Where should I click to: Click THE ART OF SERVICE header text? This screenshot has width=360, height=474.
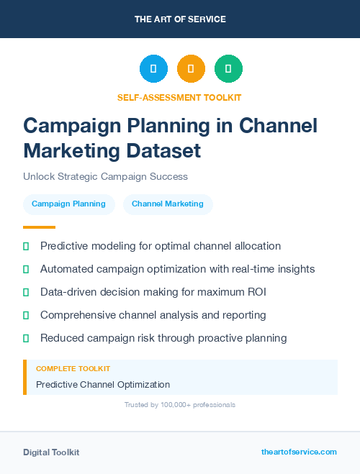click(x=180, y=19)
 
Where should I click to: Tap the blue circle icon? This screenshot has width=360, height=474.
click(x=153, y=69)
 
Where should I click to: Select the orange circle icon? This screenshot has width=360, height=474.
click(x=191, y=69)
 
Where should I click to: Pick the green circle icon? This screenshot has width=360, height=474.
click(x=228, y=69)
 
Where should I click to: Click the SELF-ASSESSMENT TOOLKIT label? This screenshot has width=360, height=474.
click(x=180, y=97)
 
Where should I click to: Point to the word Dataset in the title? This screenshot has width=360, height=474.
click(x=163, y=151)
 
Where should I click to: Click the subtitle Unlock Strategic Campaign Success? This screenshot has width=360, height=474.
click(x=105, y=176)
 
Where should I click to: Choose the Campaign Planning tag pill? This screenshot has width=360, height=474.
click(x=68, y=204)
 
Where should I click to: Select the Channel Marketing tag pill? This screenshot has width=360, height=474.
click(x=168, y=204)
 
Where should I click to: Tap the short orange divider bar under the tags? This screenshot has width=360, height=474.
click(x=34, y=227)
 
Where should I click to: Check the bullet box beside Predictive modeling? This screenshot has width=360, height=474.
click(x=26, y=246)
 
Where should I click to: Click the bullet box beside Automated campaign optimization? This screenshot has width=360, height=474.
click(x=26, y=269)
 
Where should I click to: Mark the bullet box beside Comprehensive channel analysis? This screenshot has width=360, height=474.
click(x=26, y=315)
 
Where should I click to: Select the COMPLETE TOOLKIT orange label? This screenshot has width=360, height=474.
click(x=73, y=369)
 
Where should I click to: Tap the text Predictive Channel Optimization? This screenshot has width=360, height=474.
click(x=103, y=384)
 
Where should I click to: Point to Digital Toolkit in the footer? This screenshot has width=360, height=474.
click(x=51, y=452)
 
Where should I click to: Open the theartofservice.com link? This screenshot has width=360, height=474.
click(x=299, y=452)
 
